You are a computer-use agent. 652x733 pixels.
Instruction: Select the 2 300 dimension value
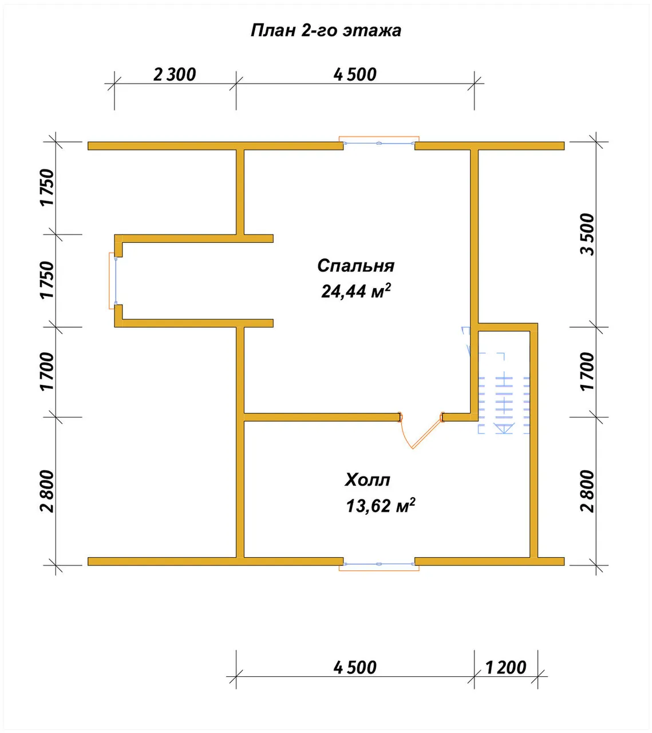point(175,75)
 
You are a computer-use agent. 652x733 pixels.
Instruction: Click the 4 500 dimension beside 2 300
point(355,75)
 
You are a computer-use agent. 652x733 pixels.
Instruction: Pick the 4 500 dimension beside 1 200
point(355,668)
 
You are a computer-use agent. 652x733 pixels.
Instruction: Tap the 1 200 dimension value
point(505,668)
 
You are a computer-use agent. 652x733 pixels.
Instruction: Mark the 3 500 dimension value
point(587,234)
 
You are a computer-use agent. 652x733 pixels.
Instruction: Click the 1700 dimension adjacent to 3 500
point(587,372)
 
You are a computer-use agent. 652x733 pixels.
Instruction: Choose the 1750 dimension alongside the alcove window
point(47,280)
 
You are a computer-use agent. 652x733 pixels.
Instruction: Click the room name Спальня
point(356,266)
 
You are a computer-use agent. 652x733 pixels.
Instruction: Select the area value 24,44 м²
point(356,290)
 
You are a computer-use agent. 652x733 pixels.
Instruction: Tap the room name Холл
point(368,480)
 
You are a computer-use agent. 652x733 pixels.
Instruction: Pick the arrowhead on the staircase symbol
point(504,428)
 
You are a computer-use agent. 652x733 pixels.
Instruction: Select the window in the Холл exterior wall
point(378,565)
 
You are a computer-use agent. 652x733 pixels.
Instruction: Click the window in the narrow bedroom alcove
point(113,281)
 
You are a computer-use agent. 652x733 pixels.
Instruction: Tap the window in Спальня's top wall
point(378,141)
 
